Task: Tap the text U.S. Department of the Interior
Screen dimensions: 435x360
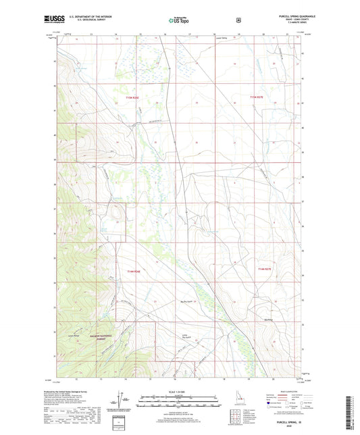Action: click(95, 18)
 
